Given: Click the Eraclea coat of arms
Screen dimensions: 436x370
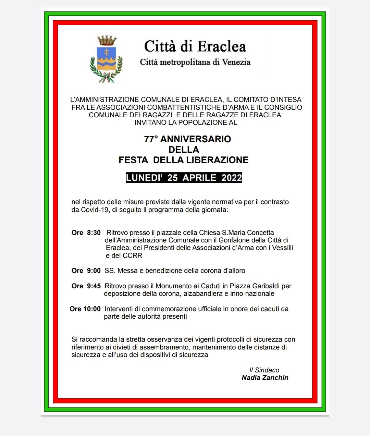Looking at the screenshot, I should click(106, 59).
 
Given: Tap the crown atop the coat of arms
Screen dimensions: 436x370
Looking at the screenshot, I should click(107, 40).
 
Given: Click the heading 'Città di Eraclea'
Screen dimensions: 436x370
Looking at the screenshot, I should click(195, 47).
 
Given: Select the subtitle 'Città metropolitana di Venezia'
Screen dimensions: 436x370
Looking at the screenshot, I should click(195, 62).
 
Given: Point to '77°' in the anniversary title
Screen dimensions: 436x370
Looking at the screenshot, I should click(151, 139).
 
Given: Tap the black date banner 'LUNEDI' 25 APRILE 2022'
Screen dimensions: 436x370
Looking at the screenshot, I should click(184, 178).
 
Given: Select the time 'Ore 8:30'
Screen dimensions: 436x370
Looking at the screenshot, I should click(86, 233).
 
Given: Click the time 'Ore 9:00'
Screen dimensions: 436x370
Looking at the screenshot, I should click(86, 271).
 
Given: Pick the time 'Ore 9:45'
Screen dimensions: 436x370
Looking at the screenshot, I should click(86, 286).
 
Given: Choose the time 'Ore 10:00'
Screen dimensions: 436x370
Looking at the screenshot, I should click(85, 309).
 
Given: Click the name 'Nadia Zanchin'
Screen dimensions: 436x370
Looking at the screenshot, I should click(265, 378).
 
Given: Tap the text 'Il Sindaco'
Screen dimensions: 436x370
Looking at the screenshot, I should click(264, 370).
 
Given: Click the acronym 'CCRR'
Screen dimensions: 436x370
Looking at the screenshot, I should click(133, 255).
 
